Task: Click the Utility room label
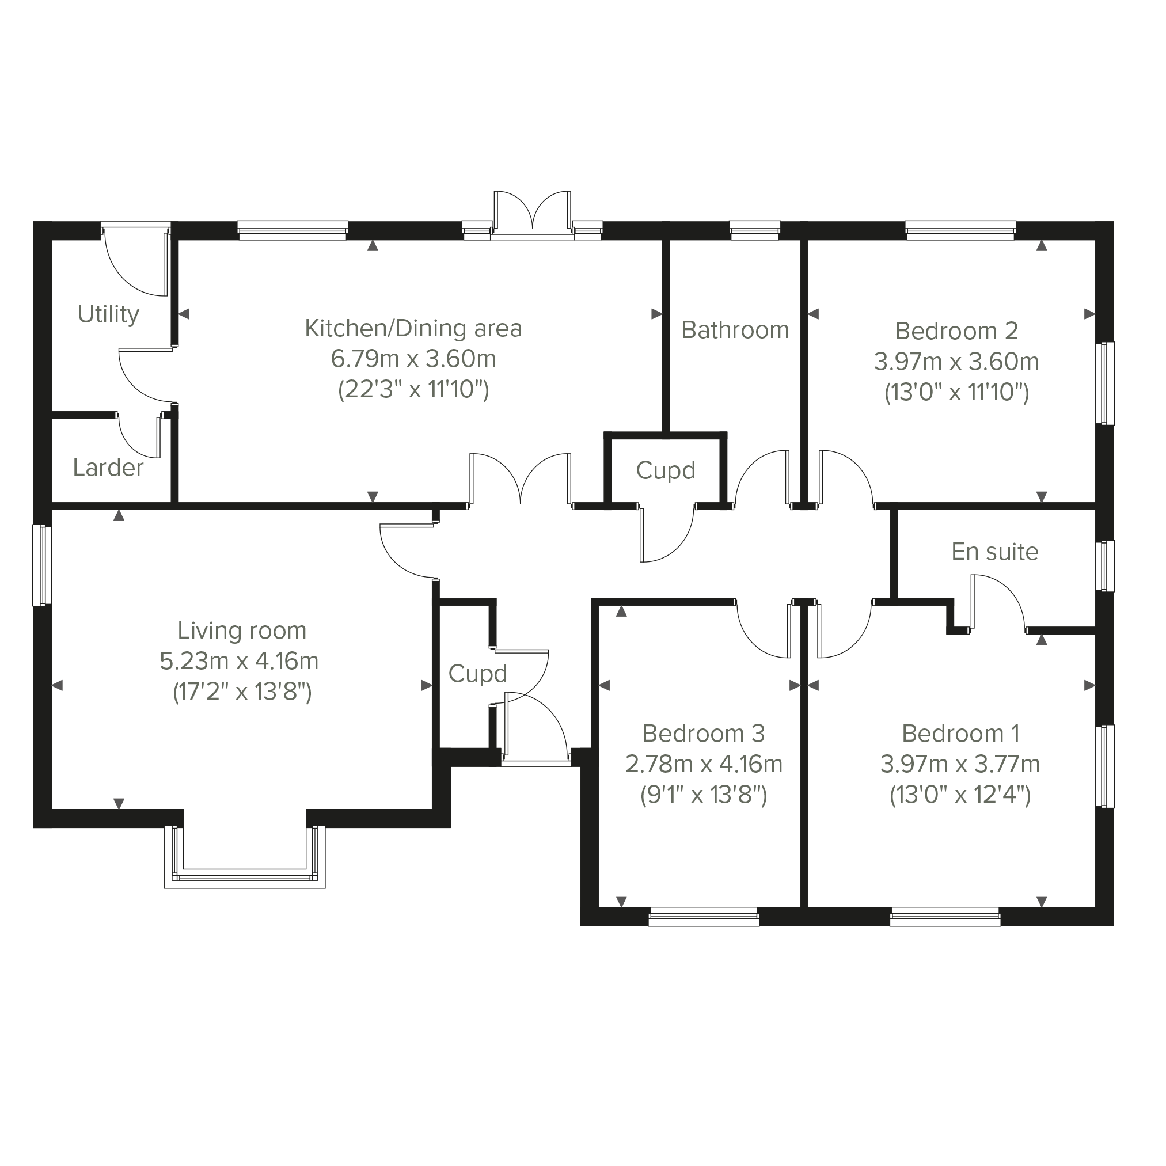(109, 314)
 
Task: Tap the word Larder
(109, 468)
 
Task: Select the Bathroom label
(735, 330)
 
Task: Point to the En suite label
(995, 552)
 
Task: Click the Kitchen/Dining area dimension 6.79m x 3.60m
(413, 359)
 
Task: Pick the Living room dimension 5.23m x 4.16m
(239, 661)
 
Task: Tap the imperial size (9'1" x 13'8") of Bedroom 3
(704, 795)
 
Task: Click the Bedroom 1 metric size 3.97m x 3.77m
(960, 764)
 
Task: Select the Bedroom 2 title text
(956, 331)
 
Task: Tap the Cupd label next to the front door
(477, 674)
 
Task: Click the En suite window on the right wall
(1105, 565)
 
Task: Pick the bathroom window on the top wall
(754, 230)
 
